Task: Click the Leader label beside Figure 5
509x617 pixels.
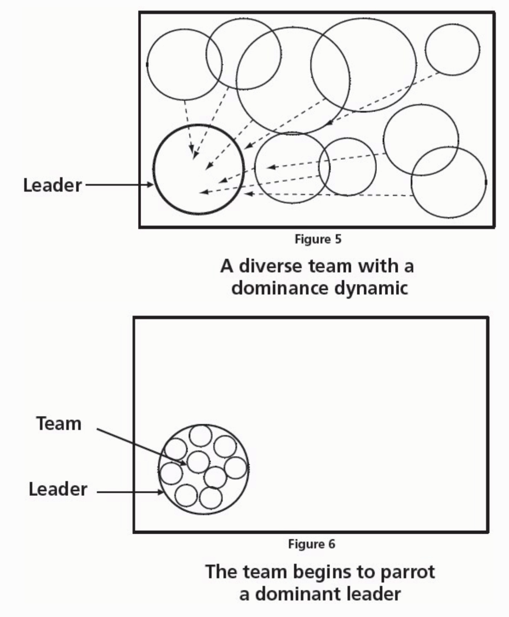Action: coord(52,185)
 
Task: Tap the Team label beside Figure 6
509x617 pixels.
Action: coord(59,423)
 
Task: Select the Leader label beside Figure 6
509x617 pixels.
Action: coord(58,489)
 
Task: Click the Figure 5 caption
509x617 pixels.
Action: coord(318,239)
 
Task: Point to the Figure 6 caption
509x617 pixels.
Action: coord(311,543)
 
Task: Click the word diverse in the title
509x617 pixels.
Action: coord(271,266)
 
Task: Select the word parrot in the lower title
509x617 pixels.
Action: coord(407,572)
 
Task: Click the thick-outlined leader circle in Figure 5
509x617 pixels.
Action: coord(199,170)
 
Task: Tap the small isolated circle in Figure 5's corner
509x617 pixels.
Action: coord(452,49)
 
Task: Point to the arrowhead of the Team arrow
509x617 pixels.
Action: coord(184,463)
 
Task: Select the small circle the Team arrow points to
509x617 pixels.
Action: coord(198,462)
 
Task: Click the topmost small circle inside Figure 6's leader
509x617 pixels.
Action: coord(201,436)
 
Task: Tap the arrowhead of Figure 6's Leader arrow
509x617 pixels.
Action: coord(161,492)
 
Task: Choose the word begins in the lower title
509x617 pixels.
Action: coord(325,572)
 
